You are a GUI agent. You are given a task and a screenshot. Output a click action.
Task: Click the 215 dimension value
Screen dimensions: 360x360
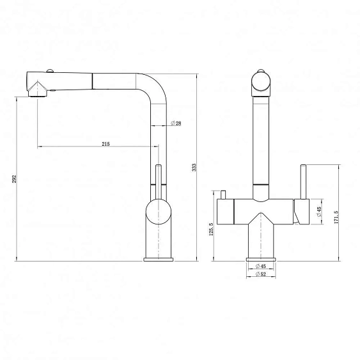pyautogui.click(x=106, y=144)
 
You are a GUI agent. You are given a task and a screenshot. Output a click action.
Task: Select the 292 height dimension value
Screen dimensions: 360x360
pyautogui.click(x=15, y=179)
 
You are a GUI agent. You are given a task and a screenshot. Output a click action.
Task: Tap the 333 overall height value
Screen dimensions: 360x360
pyautogui.click(x=194, y=168)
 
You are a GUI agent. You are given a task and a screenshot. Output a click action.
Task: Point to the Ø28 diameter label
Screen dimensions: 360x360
pyautogui.click(x=176, y=123)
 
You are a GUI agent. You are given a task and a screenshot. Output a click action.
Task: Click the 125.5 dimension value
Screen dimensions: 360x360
pyautogui.click(x=211, y=229)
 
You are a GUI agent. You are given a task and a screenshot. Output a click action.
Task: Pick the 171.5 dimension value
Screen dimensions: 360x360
pyautogui.click(x=336, y=217)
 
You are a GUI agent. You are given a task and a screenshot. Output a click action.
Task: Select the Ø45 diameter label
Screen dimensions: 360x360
pyautogui.click(x=319, y=212)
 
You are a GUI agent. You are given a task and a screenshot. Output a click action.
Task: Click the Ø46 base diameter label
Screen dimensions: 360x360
pyautogui.click(x=261, y=266)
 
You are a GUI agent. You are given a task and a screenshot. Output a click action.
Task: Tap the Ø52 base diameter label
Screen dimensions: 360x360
pyautogui.click(x=261, y=274)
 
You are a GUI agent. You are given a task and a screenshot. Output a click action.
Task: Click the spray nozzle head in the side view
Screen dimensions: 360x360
pyautogui.click(x=38, y=90)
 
